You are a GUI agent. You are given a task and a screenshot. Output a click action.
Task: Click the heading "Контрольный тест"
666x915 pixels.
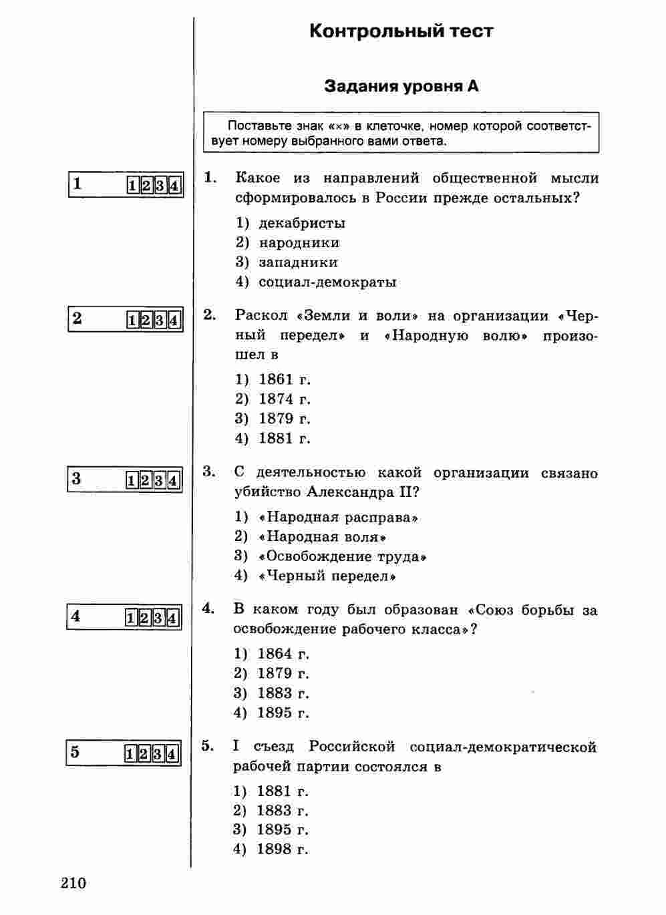[401, 31]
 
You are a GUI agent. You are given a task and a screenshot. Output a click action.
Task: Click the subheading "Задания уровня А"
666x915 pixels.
[401, 86]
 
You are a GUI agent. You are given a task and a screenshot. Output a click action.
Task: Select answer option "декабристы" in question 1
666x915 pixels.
[302, 223]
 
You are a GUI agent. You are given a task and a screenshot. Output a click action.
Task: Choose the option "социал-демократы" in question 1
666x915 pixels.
[327, 282]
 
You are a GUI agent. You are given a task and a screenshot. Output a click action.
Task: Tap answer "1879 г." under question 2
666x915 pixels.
[285, 419]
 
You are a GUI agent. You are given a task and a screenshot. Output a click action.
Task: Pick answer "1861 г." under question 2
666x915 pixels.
[285, 379]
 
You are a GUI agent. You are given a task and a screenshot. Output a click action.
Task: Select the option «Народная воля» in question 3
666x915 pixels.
[323, 536]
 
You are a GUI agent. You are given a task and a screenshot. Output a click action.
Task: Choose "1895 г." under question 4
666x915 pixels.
[283, 713]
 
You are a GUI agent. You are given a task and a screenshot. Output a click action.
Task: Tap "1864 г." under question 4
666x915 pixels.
[283, 654]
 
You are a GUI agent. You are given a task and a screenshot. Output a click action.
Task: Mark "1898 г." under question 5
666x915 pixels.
[283, 849]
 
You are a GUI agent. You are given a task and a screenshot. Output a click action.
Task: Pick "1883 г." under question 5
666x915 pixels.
[283, 811]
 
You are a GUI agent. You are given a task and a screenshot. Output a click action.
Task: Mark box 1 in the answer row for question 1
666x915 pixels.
[133, 186]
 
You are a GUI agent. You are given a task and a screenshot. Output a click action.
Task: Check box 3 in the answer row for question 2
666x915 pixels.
[160, 321]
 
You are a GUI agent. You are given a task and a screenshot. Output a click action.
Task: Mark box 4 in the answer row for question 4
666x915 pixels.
[172, 618]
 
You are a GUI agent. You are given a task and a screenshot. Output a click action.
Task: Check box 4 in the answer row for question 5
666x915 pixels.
[172, 755]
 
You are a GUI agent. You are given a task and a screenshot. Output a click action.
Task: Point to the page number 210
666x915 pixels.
[73, 883]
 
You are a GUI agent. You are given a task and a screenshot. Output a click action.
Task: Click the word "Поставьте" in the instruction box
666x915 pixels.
[257, 126]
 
